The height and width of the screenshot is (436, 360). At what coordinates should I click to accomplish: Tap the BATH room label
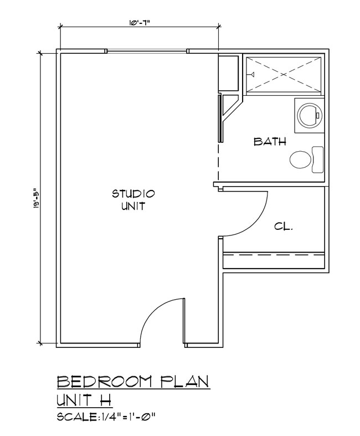[270, 141]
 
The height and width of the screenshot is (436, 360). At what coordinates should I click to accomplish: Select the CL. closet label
[283, 227]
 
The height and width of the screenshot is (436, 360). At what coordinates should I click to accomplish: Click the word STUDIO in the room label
[133, 193]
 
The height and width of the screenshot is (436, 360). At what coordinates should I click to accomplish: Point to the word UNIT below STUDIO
[133, 206]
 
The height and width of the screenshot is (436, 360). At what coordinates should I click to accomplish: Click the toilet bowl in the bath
[300, 160]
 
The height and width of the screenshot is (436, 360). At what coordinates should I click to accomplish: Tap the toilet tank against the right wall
[318, 160]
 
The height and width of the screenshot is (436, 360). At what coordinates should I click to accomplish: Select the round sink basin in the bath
[310, 115]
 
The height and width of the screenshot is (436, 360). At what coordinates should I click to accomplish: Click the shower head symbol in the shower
[251, 74]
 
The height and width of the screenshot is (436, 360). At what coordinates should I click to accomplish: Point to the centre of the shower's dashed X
[283, 75]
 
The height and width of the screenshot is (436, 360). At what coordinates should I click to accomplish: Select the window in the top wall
[147, 51]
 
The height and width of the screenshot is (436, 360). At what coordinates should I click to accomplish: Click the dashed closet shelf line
[274, 254]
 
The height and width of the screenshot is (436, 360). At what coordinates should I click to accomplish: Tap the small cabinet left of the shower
[229, 73]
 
